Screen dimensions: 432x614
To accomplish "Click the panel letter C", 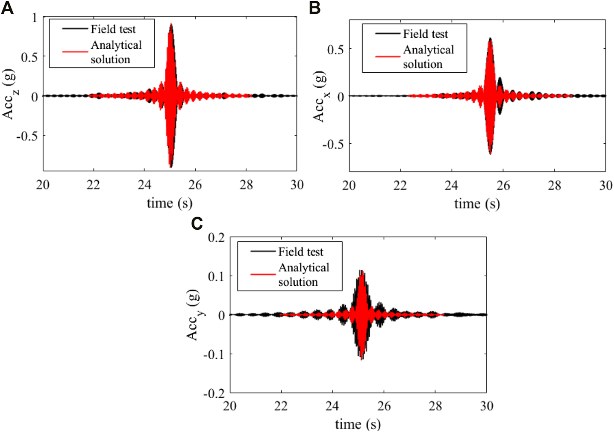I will pyautogui.click(x=197, y=223).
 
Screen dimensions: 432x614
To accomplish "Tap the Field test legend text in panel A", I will pyautogui.click(x=113, y=29).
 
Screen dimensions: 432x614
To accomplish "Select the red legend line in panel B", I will pyautogui.click(x=388, y=56).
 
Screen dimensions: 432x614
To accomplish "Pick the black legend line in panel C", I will pyautogui.click(x=263, y=252).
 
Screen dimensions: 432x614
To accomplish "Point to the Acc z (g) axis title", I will pyautogui.click(x=9, y=95).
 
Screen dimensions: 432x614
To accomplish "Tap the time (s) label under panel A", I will pyautogui.click(x=170, y=203).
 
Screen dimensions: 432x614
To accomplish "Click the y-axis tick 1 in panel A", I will pyautogui.click(x=34, y=18).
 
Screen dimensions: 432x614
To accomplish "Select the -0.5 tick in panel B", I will pyautogui.click(x=333, y=144).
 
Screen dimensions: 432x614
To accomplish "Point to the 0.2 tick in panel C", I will pyautogui.click(x=216, y=237).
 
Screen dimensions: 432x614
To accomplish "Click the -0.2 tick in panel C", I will pyautogui.click(x=214, y=393).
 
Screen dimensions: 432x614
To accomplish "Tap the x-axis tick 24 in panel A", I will pyautogui.click(x=144, y=185).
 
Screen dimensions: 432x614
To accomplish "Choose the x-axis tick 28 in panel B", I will pyautogui.click(x=555, y=185).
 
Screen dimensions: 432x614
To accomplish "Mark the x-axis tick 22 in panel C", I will pyautogui.click(x=281, y=406).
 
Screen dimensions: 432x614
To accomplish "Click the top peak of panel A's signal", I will pyautogui.click(x=171, y=24).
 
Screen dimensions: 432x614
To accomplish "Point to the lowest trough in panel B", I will pyautogui.click(x=490, y=154).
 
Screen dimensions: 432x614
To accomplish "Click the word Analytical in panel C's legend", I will pyautogui.click(x=304, y=268).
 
